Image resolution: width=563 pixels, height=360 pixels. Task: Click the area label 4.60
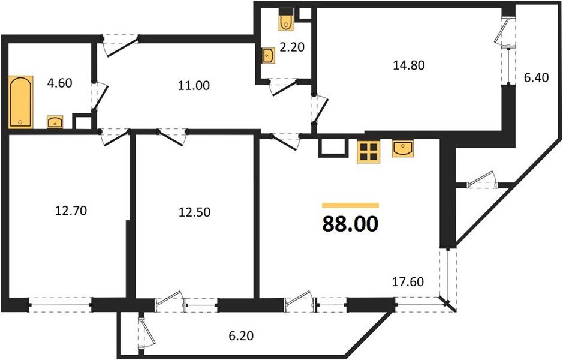[x=59, y=83]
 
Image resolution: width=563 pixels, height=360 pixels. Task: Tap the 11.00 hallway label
[x=194, y=85]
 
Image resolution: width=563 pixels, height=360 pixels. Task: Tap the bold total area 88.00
[x=350, y=224]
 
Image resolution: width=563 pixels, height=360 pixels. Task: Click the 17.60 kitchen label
[x=408, y=280]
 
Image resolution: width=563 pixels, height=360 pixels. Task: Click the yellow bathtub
[x=21, y=101]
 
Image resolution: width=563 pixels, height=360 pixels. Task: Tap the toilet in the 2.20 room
[x=285, y=20]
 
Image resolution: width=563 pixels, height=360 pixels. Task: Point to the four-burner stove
[x=369, y=152]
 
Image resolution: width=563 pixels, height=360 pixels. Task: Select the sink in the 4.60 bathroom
[x=56, y=122]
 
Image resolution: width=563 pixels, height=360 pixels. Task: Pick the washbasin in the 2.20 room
[x=268, y=56]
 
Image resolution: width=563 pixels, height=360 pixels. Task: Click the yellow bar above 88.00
[x=350, y=205]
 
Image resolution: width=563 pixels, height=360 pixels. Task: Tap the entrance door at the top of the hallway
[x=119, y=43]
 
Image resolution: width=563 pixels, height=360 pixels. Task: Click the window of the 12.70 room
[x=60, y=305]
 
